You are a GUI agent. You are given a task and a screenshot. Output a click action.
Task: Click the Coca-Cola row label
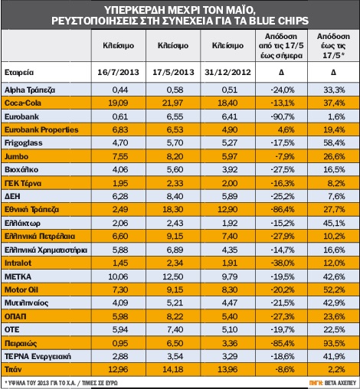[23, 103]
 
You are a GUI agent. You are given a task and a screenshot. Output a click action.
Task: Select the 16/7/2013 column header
[118, 72]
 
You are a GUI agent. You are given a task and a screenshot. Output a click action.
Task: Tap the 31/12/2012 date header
[227, 72]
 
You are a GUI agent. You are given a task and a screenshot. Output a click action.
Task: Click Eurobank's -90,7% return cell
[283, 116]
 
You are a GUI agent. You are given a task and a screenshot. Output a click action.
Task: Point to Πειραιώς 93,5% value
[334, 343]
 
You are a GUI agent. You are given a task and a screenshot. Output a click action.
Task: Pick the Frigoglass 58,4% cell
[334, 142]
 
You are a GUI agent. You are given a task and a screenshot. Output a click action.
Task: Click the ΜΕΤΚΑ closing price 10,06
[118, 276]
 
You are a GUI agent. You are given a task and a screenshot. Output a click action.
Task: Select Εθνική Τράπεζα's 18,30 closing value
[173, 210]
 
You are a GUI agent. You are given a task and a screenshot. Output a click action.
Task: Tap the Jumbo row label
[16, 156]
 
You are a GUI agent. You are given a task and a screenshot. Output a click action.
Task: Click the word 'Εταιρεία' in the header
[19, 72]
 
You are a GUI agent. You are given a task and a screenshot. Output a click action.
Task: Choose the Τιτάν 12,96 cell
[118, 369]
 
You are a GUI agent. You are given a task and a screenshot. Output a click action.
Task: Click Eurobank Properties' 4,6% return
[286, 129]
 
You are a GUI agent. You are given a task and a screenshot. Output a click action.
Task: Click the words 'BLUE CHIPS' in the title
[279, 21]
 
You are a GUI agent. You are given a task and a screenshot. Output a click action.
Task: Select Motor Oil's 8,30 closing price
[230, 289]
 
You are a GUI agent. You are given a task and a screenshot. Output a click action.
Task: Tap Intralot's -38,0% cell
[283, 263]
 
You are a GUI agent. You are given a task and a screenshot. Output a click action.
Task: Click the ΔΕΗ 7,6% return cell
[337, 196]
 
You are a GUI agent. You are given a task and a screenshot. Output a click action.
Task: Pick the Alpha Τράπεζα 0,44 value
[120, 90]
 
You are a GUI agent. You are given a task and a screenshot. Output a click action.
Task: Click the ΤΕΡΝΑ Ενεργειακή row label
[38, 356]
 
